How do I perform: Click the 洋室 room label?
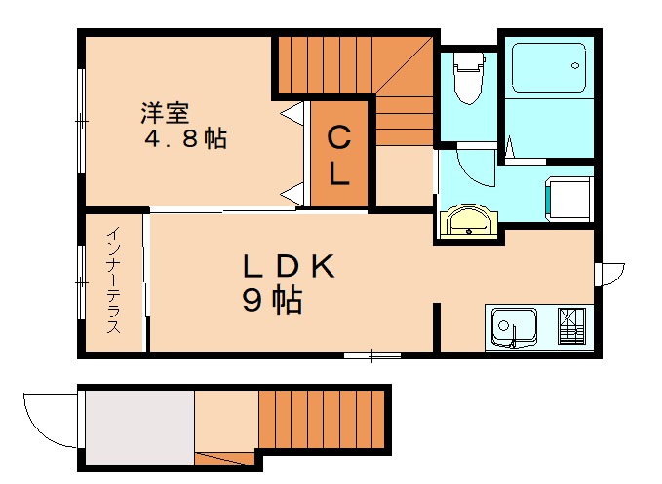tap(164, 112)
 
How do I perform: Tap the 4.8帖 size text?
tap(186, 139)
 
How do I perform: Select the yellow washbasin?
tap(469, 222)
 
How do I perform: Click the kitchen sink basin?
tap(513, 325)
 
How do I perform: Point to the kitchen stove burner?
tap(574, 324)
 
